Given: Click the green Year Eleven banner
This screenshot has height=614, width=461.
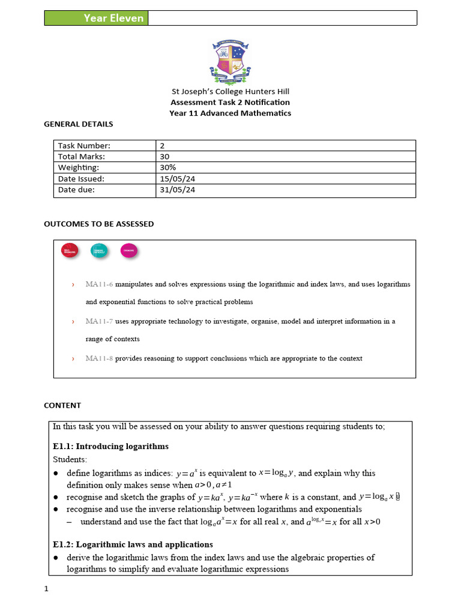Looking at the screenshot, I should click(96, 18).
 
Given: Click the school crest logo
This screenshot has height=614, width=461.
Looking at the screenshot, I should click(230, 62).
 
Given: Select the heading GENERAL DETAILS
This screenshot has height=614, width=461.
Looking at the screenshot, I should click(79, 124).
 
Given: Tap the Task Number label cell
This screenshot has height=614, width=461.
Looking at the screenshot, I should click(85, 146).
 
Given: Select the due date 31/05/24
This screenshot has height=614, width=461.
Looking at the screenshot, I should click(178, 190).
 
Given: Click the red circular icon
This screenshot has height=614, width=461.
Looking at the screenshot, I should click(70, 251).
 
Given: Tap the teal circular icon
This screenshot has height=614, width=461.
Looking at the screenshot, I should click(99, 251).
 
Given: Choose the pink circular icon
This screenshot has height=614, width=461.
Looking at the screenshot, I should click(128, 251).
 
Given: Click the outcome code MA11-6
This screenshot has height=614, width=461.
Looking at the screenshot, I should click(99, 284).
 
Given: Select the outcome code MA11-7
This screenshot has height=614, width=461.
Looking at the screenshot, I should click(99, 321).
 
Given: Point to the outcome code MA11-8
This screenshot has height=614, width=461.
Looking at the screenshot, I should click(99, 359).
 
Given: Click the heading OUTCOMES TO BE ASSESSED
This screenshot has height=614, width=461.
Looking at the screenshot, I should click(99, 224).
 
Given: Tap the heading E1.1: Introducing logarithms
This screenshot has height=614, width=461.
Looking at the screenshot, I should click(110, 446).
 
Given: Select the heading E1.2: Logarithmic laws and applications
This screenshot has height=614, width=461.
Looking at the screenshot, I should click(133, 544).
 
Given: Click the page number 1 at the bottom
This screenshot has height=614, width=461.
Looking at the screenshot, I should click(46, 589).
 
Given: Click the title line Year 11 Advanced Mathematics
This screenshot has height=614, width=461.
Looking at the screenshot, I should click(230, 113).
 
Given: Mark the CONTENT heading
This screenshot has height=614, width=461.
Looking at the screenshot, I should click(62, 405).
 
